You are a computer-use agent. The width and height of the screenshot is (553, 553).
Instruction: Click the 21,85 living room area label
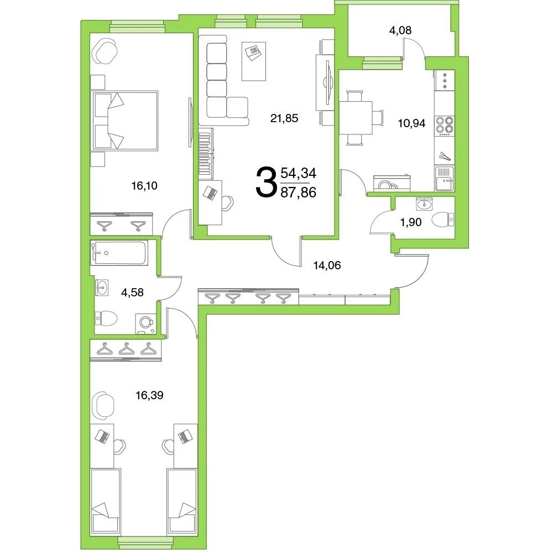[284, 118]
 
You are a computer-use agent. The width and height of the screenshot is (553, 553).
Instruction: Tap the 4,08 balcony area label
[400, 30]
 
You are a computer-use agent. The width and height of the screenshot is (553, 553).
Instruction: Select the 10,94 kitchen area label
[411, 123]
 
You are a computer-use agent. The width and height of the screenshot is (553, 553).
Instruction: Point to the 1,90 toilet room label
[411, 222]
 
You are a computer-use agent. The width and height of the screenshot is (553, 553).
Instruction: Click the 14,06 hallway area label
[327, 265]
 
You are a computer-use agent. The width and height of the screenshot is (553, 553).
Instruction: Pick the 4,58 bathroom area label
[132, 293]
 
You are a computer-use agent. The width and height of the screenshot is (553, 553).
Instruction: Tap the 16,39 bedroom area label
[149, 395]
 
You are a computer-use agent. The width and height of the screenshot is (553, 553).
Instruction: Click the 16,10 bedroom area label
[144, 185]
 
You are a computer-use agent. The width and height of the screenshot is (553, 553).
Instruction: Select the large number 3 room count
[265, 182]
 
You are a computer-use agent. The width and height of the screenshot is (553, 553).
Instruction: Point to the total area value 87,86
[299, 192]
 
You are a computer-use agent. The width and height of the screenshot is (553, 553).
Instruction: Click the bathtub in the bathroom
[119, 253]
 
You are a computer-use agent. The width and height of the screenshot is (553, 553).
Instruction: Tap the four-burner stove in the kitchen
[445, 126]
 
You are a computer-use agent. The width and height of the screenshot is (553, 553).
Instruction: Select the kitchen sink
[445, 179]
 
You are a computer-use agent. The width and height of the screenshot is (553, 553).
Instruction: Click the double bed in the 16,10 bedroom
[124, 121]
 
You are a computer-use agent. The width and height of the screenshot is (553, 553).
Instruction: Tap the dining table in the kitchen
[356, 118]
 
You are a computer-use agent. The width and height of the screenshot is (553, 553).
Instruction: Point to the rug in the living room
[254, 61]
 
